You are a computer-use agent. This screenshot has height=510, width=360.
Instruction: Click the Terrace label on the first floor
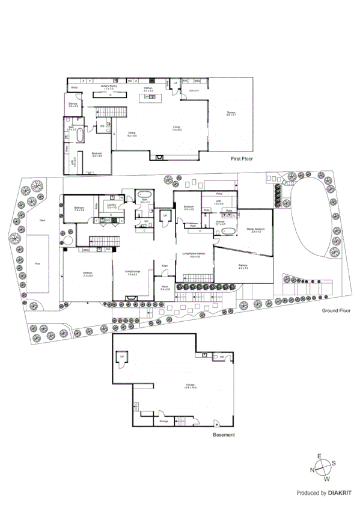coord(231,112)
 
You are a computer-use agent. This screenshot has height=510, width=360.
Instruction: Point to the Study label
coord(75,88)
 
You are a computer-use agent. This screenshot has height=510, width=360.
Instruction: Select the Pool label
coord(38,263)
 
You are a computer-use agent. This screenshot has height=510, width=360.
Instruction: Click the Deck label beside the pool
coord(43,221)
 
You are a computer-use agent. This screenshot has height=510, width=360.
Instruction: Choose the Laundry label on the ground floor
coord(111,206)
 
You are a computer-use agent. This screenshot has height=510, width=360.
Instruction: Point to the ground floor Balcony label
coord(243,266)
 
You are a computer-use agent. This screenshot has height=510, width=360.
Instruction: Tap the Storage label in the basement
coord(164,422)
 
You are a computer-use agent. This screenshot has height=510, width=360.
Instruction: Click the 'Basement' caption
coord(224,435)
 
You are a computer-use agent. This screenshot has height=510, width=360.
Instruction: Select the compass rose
coord(323,467)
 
